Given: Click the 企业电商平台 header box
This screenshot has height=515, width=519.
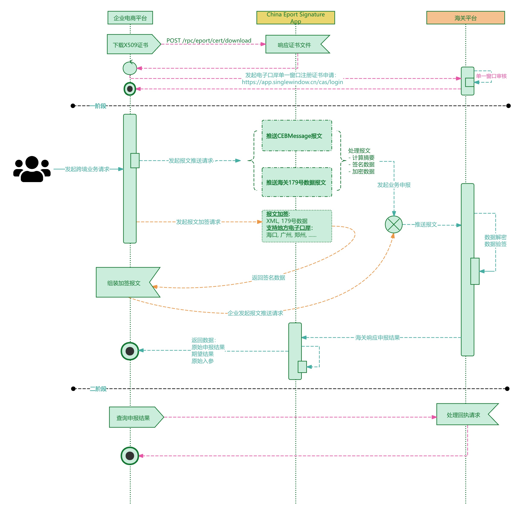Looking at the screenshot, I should pos(130,18).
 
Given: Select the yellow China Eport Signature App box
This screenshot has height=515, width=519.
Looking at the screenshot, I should pos(296,18).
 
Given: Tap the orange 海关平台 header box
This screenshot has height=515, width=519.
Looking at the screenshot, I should pos(465,18).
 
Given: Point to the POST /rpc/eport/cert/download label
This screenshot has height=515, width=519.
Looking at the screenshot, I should pos(209,41).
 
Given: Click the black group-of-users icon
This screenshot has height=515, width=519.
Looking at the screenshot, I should pos(32,169).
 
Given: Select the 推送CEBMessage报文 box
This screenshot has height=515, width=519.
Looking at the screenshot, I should pos(297,136).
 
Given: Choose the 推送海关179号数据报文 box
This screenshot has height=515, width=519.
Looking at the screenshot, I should pos(297,182).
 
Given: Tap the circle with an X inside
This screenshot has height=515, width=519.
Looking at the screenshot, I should pos(394,224).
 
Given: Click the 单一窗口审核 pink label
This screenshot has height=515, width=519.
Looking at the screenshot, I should pos(491,76).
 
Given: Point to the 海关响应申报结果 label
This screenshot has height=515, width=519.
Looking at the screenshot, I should pos(377,338).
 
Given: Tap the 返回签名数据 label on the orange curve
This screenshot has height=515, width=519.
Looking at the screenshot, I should pos(268,277).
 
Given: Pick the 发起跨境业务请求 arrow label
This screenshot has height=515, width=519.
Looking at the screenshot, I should pos(87,169).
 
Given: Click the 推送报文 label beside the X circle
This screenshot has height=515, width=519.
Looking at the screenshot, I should pos(426,224).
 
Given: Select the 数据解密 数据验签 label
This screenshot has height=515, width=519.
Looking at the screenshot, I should pos(495,240).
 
